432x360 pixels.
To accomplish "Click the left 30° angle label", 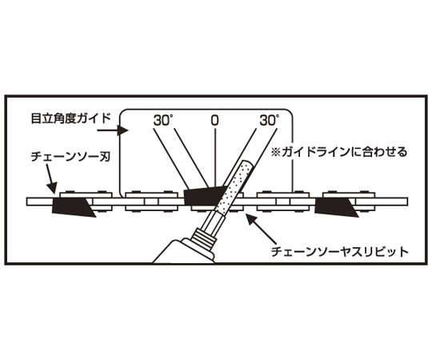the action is coord(163,121).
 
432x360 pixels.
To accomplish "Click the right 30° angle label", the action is coord(269,120).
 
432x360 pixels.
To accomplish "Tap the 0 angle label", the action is coord(214,121).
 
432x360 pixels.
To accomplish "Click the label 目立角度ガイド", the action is coord(71,118).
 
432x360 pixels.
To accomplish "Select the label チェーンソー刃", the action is coord(71,157).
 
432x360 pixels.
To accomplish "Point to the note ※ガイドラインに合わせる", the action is coord(339,152).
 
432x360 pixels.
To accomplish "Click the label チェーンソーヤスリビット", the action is coord(339,251).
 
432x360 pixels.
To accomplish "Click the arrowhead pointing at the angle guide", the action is coord(122,130).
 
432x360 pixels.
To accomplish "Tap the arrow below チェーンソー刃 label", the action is coord(51,179).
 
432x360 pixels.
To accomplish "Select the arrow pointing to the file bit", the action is coord(261,230).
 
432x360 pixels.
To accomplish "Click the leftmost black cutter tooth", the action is coord(73,207).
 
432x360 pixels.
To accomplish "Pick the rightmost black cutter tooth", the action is coord(336,207).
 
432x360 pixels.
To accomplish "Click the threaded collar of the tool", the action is coord(205,236).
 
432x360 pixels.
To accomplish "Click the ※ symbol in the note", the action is coord(275,152).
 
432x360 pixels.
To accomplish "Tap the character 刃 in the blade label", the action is coord(106,157).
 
